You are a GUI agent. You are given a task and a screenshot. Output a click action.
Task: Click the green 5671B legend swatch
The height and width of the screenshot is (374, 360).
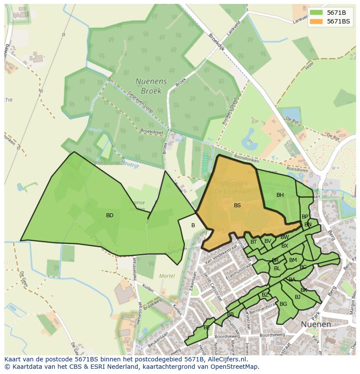pos(316,13)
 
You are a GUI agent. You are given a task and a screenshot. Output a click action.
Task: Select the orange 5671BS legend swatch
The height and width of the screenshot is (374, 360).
pos(316,21)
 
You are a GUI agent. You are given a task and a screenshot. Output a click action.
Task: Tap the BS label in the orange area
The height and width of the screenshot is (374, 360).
pos(237,205)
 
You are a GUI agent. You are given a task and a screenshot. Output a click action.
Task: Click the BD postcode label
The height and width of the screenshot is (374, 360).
pos(110,215)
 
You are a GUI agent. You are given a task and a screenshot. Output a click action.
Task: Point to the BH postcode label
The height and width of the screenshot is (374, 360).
pos(280,195)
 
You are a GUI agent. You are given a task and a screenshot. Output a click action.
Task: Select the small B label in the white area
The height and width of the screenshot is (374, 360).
pos(193,225)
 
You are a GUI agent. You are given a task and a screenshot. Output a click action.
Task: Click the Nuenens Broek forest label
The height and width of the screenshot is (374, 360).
pos(148,86)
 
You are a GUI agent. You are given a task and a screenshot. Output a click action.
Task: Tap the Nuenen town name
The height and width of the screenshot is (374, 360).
pos(316,324)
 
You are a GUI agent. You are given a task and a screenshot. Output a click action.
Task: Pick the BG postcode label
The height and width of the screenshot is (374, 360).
pos(283,304)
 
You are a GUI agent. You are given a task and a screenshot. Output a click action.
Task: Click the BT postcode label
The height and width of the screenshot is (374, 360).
pos(253,242)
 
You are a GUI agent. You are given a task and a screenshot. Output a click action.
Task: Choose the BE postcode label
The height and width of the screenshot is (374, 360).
pos(207,328)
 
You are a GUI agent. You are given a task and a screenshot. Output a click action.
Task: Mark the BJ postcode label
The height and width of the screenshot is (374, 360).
pos(297,297)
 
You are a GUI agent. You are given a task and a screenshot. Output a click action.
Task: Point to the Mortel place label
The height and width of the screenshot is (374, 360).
pos(167,276)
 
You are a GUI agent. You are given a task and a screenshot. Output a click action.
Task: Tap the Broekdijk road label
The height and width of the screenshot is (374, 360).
pos(216,43)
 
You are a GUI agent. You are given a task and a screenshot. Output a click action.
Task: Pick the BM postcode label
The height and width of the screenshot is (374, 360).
pos(293,260)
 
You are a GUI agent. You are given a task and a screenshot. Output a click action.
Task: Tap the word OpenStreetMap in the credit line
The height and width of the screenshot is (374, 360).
pos(235,367)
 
